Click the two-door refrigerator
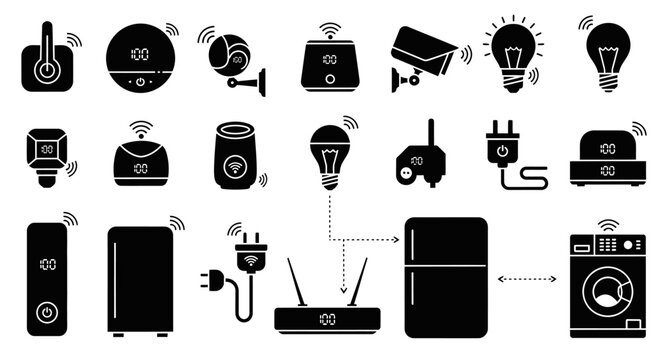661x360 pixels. (445, 276)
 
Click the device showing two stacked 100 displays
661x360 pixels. (606, 155)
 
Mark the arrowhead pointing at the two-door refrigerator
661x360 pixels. (396, 240)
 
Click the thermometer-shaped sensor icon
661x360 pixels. (45, 60)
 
